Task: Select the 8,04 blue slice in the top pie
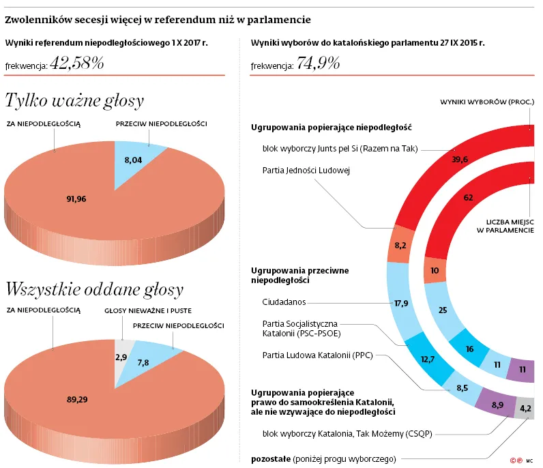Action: [132, 159]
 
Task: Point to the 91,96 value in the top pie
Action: [76, 199]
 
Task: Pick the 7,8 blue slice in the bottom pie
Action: [144, 363]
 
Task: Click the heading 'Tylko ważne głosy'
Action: [74, 101]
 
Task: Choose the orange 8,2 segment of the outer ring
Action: [400, 245]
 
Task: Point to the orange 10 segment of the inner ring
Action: [435, 270]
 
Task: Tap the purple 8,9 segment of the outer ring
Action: [497, 405]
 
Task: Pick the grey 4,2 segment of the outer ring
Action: [526, 409]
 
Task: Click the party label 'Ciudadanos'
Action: [284, 302]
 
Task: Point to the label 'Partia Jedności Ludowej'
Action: [306, 170]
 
